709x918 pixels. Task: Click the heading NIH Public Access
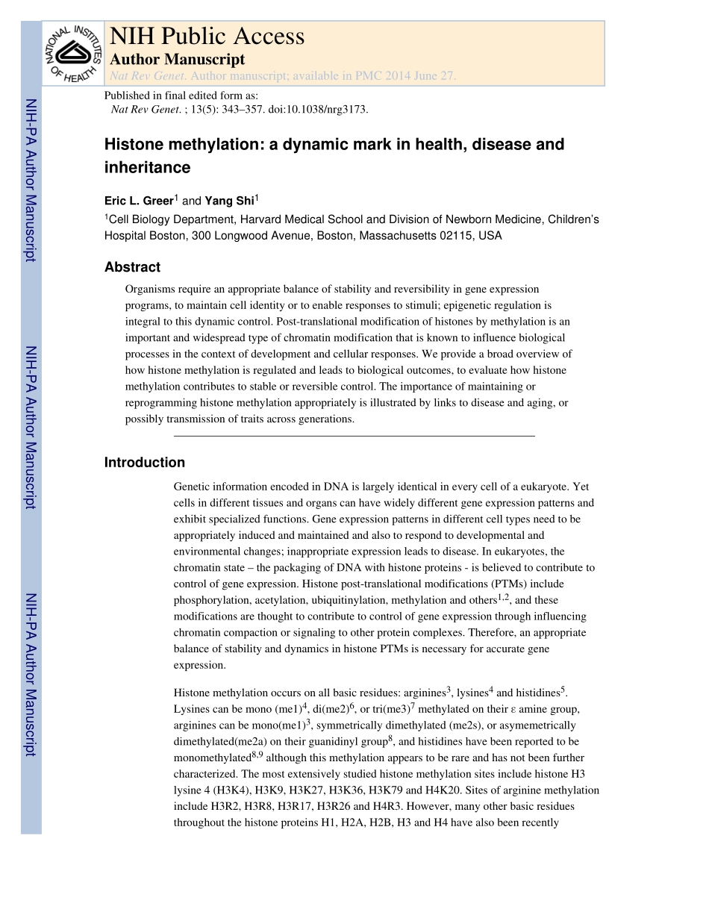207,36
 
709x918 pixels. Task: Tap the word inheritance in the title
147,167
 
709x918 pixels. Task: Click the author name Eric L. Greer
138,201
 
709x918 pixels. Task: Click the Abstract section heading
132,267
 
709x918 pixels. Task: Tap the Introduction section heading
144,463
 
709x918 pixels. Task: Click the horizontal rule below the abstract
354,435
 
